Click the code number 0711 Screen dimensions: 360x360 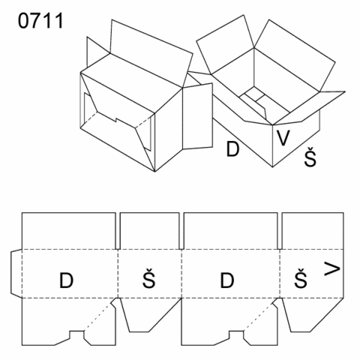click(x=40, y=21)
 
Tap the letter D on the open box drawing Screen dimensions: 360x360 click(x=232, y=149)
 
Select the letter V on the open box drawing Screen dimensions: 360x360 click(x=283, y=138)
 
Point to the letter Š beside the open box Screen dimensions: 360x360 click(x=310, y=157)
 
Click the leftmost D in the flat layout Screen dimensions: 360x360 click(x=66, y=280)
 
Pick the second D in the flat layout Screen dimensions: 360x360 click(x=227, y=280)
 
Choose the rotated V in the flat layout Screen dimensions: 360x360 click(x=332, y=268)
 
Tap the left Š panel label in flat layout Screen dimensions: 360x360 click(x=149, y=278)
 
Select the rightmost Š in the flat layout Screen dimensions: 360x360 click(x=301, y=278)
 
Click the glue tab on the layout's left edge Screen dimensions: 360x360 click(x=16, y=274)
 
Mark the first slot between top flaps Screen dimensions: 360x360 click(x=118, y=231)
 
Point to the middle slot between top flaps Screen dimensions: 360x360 click(x=181, y=231)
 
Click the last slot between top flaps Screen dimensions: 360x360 click(x=280, y=231)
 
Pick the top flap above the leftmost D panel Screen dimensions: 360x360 click(x=69, y=231)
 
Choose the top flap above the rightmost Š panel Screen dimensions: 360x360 click(x=313, y=231)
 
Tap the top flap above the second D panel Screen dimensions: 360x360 click(x=231, y=231)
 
